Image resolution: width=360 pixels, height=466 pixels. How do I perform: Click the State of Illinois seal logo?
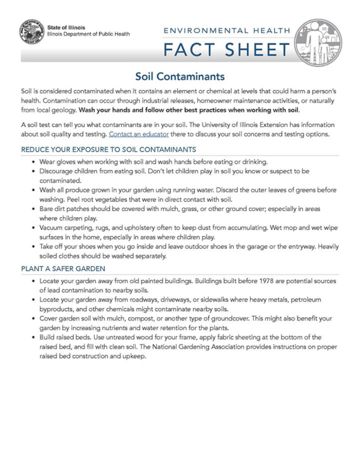31,32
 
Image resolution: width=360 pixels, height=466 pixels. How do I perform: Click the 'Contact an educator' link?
138,134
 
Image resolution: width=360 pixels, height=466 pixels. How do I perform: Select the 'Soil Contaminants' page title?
180,76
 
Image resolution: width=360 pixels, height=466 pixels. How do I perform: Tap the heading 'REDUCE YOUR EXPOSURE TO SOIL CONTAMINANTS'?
108,149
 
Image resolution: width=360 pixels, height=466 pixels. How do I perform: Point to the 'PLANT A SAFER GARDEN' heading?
63,268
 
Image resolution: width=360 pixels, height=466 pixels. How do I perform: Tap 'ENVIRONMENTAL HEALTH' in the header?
227,30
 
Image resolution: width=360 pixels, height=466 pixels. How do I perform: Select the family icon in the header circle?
318,43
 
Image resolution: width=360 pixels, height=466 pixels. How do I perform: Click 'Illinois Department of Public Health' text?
88,34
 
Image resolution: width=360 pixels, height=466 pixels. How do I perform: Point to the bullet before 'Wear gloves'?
33,162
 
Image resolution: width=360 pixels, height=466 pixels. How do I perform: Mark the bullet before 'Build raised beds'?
33,338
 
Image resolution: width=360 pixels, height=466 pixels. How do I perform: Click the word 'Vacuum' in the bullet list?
52,228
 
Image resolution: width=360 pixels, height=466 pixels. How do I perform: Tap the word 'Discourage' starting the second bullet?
58,171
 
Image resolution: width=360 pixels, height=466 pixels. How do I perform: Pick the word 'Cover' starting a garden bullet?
49,319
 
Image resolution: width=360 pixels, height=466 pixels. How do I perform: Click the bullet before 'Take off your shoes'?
33,247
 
